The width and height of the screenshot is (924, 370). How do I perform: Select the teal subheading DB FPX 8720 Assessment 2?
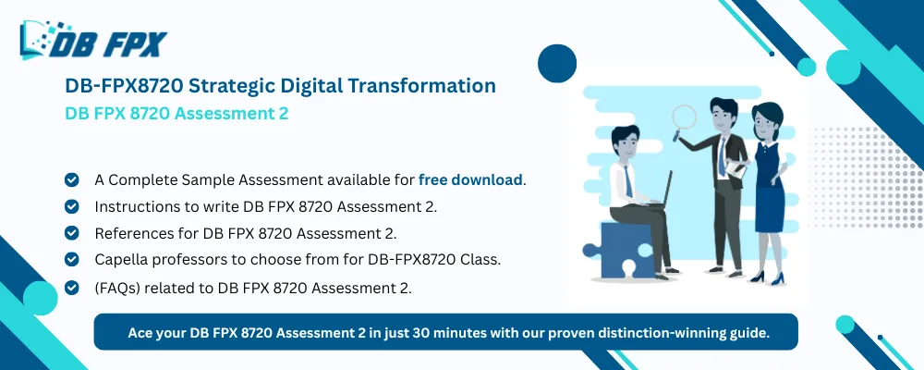[x=176, y=114]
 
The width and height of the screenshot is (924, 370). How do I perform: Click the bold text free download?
[x=470, y=179]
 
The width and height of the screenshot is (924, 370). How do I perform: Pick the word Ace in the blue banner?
[x=141, y=331]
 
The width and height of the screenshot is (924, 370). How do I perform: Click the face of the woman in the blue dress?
[x=766, y=119]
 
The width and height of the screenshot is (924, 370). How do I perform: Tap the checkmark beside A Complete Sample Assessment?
[x=71, y=179]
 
